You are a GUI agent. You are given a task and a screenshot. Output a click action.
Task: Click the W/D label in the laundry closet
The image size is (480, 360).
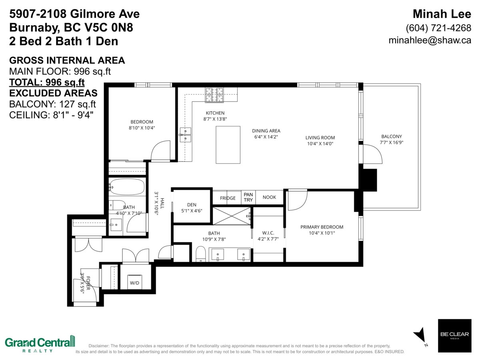(x=134, y=283)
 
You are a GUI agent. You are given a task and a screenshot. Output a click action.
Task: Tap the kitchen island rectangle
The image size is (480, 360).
(x=228, y=145)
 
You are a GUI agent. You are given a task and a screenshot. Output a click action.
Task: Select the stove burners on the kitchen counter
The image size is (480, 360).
(x=214, y=95)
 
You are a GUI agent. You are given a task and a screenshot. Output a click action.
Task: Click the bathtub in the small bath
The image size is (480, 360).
(x=127, y=187)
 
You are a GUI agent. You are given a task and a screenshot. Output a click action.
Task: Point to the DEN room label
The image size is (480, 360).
(x=192, y=205)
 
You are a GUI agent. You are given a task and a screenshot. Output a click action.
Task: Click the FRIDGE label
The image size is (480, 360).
(x=228, y=198)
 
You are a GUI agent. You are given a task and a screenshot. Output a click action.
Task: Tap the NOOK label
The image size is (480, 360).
(x=269, y=197)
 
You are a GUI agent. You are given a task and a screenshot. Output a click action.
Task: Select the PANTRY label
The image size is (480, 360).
(x=248, y=197)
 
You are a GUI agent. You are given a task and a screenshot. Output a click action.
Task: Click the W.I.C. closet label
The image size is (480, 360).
(x=268, y=233)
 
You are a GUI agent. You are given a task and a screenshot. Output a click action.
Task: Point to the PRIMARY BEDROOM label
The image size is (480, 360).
(x=322, y=227)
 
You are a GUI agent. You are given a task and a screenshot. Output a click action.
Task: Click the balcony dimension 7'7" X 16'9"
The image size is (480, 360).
(x=392, y=142)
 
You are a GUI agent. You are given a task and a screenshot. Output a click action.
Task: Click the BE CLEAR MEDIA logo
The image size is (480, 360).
(x=454, y=336)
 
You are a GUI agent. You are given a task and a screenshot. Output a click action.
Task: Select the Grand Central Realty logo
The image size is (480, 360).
(x=40, y=344)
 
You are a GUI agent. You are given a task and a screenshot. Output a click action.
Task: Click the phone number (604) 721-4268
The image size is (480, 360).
(x=438, y=28)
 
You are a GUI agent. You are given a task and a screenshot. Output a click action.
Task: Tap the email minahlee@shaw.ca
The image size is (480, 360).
(x=430, y=40)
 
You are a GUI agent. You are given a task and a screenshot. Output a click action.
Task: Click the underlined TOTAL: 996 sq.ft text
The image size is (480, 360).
(x=47, y=82)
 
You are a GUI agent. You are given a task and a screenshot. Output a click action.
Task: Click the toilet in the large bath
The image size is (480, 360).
(x=200, y=254)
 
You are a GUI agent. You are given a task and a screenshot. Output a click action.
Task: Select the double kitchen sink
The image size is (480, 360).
(x=185, y=135)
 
